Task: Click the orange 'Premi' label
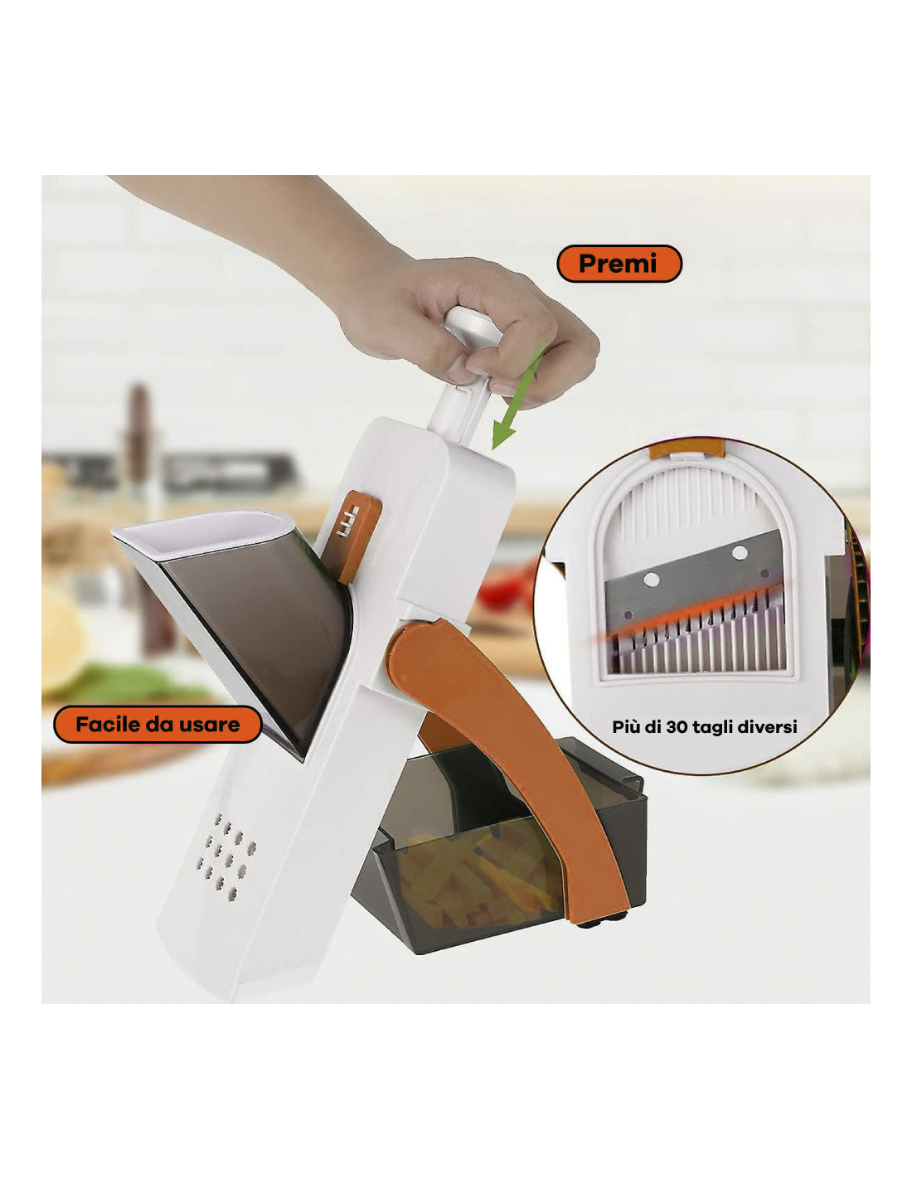[x=619, y=263]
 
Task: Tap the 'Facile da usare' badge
[x=158, y=724]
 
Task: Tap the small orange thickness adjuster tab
[x=352, y=536]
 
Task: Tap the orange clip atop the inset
[x=686, y=449]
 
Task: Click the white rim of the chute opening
[x=203, y=535]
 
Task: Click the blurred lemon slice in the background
[x=62, y=640]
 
